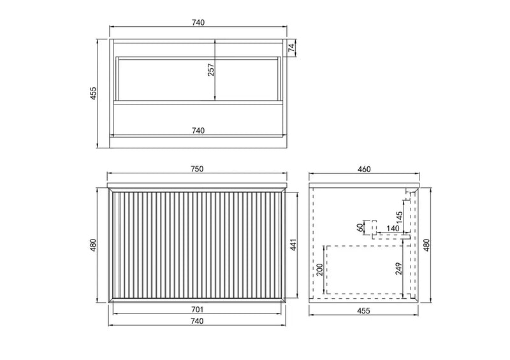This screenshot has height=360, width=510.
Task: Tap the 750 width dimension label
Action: click(x=197, y=169)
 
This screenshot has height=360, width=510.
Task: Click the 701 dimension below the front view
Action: click(x=197, y=309)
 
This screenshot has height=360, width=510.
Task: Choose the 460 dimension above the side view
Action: click(x=363, y=169)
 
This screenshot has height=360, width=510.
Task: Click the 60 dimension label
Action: click(x=360, y=226)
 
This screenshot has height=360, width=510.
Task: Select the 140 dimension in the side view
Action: click(x=393, y=228)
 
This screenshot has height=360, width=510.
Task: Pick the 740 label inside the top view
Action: click(x=197, y=131)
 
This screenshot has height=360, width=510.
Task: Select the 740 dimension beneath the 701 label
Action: click(x=197, y=321)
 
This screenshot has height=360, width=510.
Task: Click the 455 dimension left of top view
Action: click(x=93, y=93)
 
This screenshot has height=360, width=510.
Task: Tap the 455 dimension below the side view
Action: click(x=363, y=311)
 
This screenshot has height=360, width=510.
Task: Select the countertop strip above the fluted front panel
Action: click(x=198, y=185)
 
